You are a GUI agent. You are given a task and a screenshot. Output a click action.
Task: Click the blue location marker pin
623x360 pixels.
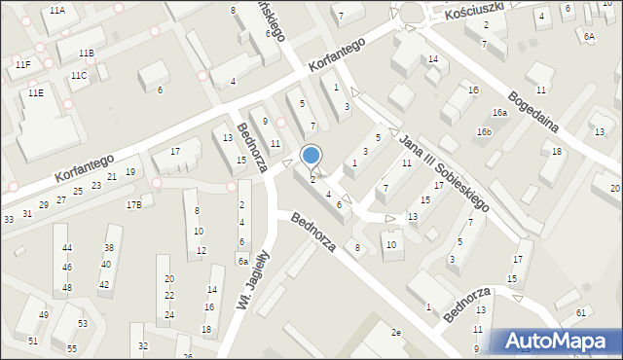click(311, 156)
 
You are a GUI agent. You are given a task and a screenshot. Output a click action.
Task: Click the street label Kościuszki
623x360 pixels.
click(471, 11)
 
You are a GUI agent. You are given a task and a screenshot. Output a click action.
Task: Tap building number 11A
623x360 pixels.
click(56, 10)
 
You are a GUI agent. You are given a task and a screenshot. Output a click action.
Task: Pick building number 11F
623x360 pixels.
click(22, 64)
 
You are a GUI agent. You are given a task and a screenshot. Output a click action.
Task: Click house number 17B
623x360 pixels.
click(134, 204)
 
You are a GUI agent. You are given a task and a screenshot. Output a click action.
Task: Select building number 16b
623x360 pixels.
click(484, 131)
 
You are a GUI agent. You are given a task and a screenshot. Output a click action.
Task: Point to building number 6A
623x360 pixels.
click(588, 36)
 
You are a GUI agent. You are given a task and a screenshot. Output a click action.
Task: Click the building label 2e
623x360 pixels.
click(395, 333)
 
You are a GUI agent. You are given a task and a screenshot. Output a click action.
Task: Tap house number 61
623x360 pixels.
click(580, 312)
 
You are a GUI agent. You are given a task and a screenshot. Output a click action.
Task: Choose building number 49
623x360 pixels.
click(44, 315)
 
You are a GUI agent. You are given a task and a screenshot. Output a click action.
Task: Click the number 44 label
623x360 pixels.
click(66, 248)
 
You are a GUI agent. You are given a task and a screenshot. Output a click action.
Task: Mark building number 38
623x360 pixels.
click(109, 247)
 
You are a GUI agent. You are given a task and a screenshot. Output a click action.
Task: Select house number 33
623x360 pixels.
click(9, 220)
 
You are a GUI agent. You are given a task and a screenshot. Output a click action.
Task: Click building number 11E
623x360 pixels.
click(35, 92)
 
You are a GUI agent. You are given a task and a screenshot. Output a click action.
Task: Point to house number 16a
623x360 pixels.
click(499, 113)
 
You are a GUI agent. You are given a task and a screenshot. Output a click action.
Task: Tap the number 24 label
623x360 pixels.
click(168, 314)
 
